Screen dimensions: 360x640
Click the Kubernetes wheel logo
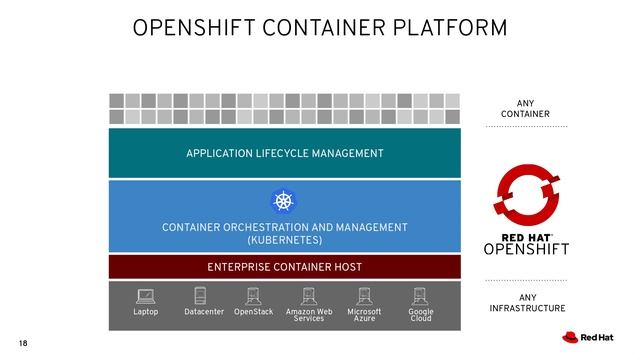click(285, 201)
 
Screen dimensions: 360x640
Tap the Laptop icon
click(146, 296)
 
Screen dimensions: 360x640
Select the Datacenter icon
click(200, 296)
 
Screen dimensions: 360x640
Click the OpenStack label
click(253, 312)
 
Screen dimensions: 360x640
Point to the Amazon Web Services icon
click(309, 296)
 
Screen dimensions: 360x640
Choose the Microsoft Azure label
click(364, 315)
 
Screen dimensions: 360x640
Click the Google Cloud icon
click(420, 296)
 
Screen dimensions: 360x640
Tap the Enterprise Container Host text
click(284, 267)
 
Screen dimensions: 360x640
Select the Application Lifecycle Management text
click(284, 153)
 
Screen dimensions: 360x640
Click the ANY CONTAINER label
click(526, 109)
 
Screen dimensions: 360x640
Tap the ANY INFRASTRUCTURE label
click(527, 303)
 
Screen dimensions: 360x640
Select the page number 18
click(24, 344)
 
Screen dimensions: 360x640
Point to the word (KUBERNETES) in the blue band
click(285, 241)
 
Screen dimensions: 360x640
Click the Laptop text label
click(146, 312)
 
